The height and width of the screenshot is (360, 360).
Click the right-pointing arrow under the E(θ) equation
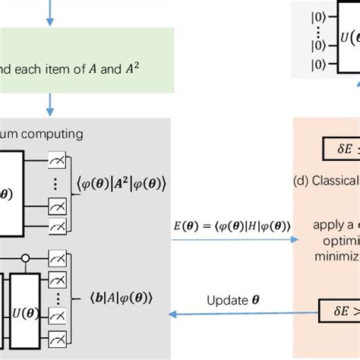pos(234,240)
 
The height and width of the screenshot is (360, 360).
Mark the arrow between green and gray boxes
pos(50,103)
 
